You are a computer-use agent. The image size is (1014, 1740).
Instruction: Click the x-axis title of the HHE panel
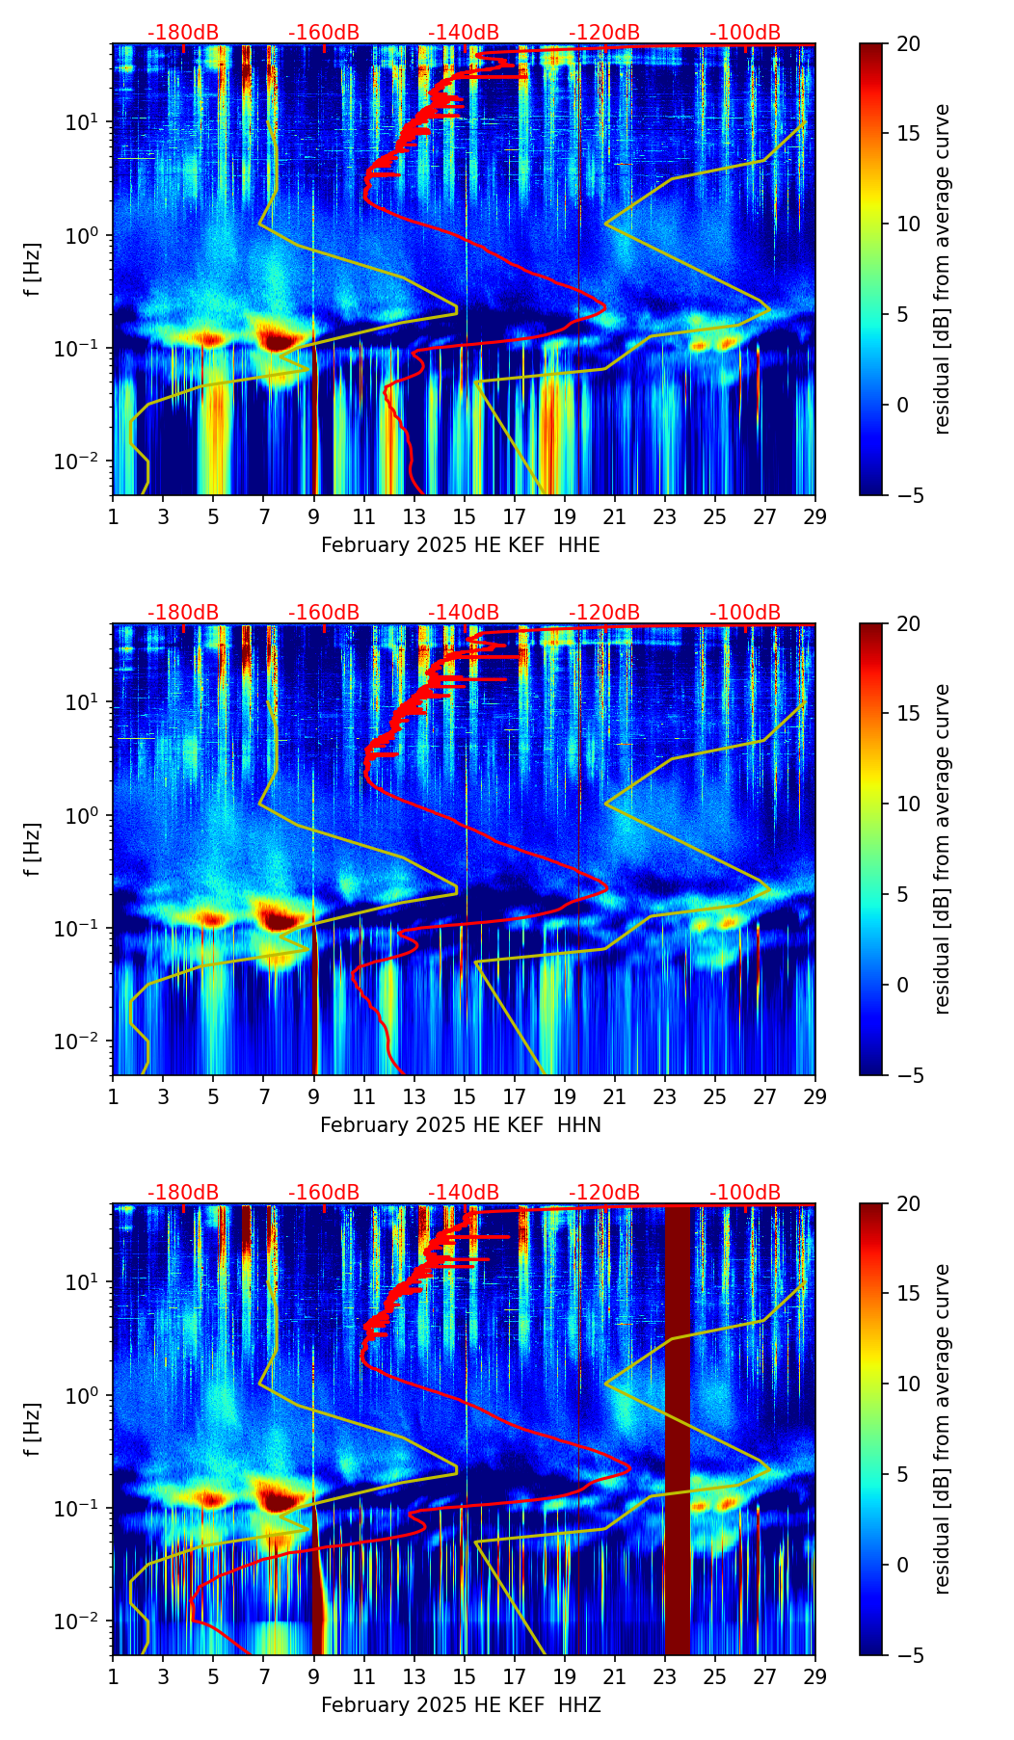tap(460, 545)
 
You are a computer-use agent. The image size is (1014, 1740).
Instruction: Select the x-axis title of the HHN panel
tap(460, 1125)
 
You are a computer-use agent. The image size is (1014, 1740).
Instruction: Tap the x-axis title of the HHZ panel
tap(460, 1705)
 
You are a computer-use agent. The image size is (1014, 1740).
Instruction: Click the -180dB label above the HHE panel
tap(183, 33)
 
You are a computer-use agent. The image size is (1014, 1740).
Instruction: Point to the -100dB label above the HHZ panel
tap(745, 1193)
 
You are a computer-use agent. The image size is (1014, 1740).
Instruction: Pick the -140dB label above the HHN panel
tap(464, 613)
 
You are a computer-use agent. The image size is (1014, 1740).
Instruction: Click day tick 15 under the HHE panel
tap(465, 517)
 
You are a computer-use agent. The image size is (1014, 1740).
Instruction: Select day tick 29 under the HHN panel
tap(815, 1097)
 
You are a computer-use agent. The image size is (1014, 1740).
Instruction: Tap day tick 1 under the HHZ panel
tap(113, 1677)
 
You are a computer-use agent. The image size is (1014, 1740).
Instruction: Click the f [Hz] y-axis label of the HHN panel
tap(33, 849)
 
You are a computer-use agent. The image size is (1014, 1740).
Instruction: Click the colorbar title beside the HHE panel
tap(943, 269)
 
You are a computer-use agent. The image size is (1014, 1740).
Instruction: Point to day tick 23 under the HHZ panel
tap(665, 1677)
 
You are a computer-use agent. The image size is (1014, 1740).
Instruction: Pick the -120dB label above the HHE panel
tap(604, 33)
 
